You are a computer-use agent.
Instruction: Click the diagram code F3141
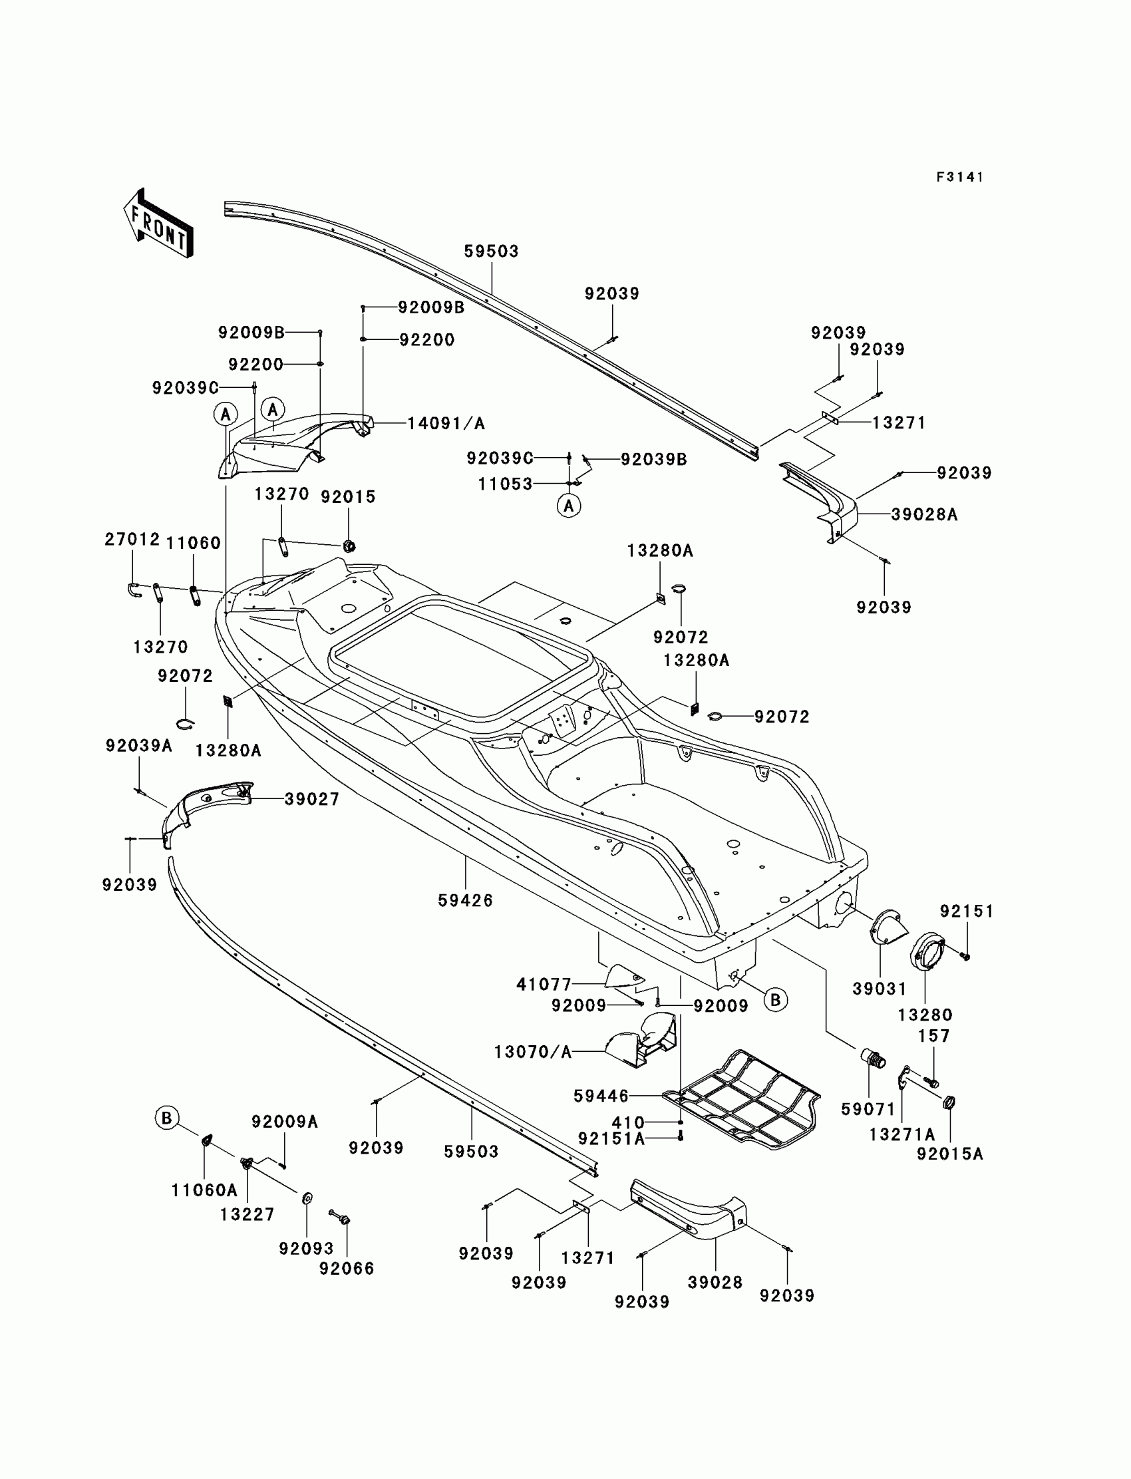pyautogui.click(x=960, y=177)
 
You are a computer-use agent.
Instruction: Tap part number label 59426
pyautogui.click(x=465, y=900)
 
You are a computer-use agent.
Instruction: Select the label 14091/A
pyautogui.click(x=446, y=423)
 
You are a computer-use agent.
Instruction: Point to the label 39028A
pyautogui.click(x=923, y=514)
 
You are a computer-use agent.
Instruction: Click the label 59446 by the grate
pyautogui.click(x=601, y=1096)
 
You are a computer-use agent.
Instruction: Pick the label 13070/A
pyautogui.click(x=532, y=1051)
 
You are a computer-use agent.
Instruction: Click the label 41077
pyautogui.click(x=544, y=984)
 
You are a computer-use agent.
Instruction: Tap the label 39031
pyautogui.click(x=880, y=988)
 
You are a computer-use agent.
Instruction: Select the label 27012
pyautogui.click(x=132, y=539)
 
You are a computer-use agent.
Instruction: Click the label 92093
pyautogui.click(x=306, y=1248)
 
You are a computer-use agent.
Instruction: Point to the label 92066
pyautogui.click(x=347, y=1268)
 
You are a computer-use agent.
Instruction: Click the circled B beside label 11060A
pyautogui.click(x=166, y=1118)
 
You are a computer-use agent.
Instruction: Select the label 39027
pyautogui.click(x=312, y=799)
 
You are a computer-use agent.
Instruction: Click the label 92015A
pyautogui.click(x=949, y=1154)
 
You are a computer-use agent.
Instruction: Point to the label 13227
pyautogui.click(x=247, y=1214)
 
